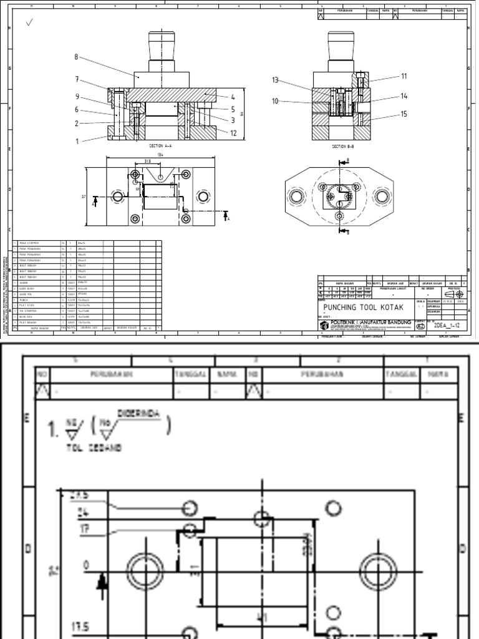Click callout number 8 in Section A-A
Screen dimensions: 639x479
tap(76, 57)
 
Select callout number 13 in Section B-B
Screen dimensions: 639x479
tap(275, 80)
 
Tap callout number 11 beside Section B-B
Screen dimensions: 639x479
tap(404, 76)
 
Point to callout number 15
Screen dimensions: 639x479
tap(404, 114)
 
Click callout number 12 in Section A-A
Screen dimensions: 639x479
tap(233, 132)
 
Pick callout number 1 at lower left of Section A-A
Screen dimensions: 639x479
tap(77, 141)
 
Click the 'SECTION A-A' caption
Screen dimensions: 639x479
tap(160, 145)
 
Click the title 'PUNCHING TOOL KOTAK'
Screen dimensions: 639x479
tap(364, 308)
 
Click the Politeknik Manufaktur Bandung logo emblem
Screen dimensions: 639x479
tap(324, 326)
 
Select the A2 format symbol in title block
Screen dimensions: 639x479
tap(421, 326)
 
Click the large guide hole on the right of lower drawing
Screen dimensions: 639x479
tap(378, 570)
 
